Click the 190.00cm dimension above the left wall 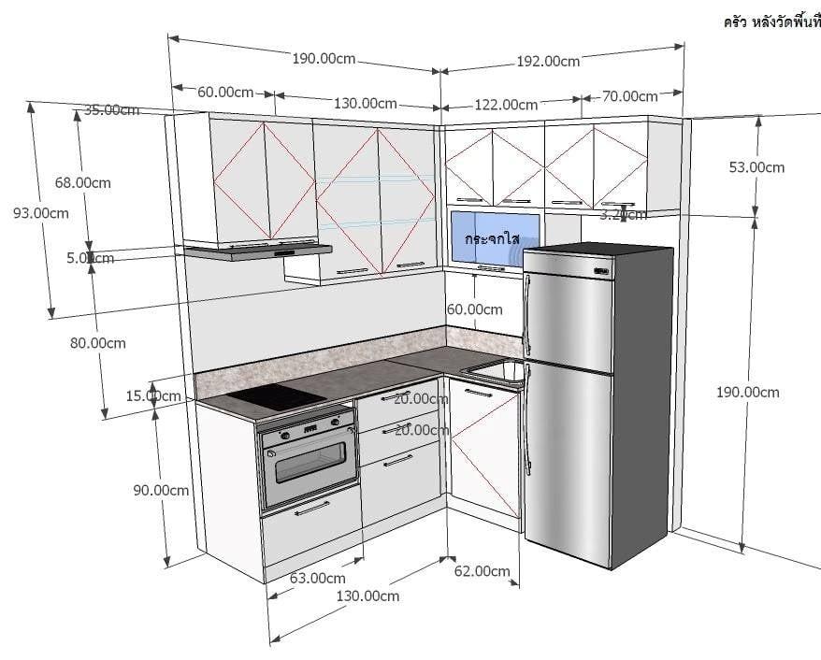(x=324, y=58)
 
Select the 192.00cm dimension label (x=548, y=61)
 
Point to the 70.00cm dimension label (x=629, y=95)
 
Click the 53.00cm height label (x=756, y=167)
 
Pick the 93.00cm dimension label (x=40, y=212)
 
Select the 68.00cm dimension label (x=82, y=182)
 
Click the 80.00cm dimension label (x=97, y=342)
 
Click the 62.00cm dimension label (x=482, y=571)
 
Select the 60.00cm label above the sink (x=474, y=309)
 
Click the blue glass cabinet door (x=494, y=239)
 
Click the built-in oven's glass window (x=310, y=465)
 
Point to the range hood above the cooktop (x=257, y=250)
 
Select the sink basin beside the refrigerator (x=494, y=371)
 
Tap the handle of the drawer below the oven (x=311, y=508)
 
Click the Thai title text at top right (x=771, y=21)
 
